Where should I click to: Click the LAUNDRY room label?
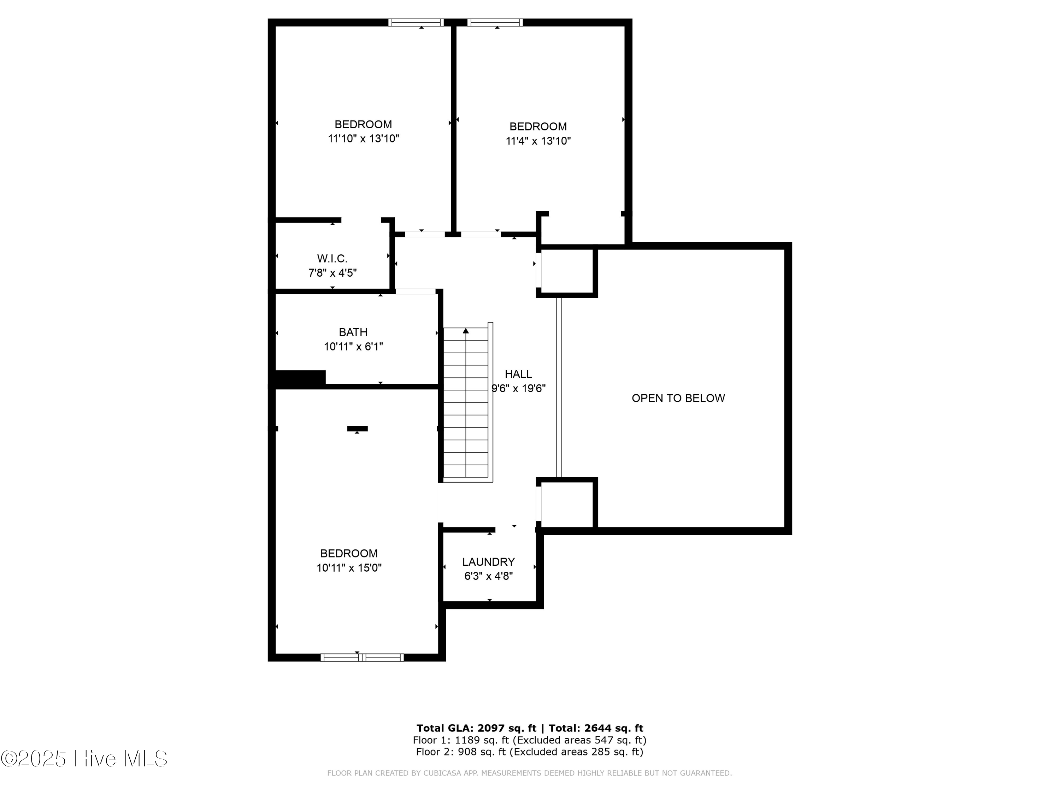488,562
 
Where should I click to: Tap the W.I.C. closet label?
332,259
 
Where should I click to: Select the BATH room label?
353,332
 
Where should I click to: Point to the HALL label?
518,374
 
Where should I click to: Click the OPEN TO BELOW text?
678,398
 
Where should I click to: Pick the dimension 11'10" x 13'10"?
363,139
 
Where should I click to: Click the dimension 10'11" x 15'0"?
349,568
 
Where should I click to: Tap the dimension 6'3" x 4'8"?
488,576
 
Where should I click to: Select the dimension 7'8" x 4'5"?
332,273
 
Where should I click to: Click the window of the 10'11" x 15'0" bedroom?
362,658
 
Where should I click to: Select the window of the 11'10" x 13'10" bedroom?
416,22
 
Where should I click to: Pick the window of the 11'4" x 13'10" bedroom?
495,22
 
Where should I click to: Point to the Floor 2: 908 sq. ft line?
530,752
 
